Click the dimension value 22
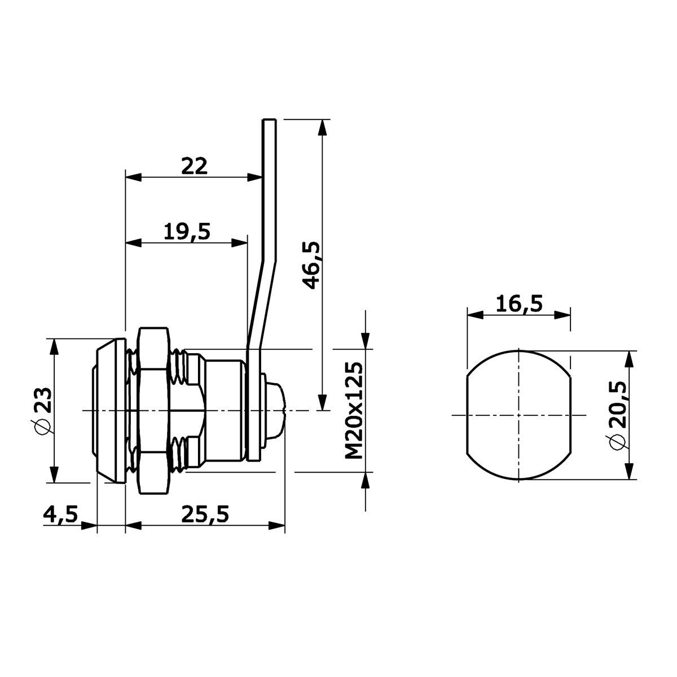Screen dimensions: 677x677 pyautogui.click(x=194, y=166)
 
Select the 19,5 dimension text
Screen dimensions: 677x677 pyautogui.click(x=187, y=231)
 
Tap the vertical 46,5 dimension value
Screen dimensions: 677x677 pyautogui.click(x=311, y=265)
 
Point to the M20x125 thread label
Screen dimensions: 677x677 pyautogui.click(x=354, y=410)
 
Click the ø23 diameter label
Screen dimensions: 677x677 pyautogui.click(x=43, y=411)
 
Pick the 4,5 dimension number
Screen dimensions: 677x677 pyautogui.click(x=60, y=515)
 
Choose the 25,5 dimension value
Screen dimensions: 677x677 pyautogui.click(x=205, y=515)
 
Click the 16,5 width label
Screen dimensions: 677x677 pyautogui.click(x=519, y=304)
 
